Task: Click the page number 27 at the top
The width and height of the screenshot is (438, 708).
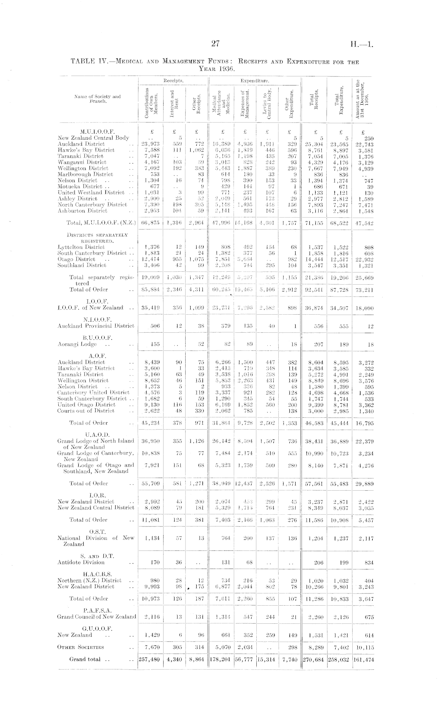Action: [x=215, y=44]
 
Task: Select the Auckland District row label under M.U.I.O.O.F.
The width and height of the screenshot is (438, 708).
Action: [x=81, y=144]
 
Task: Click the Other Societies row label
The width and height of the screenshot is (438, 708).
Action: [x=81, y=647]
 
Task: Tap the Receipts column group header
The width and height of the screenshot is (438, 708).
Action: [x=173, y=80]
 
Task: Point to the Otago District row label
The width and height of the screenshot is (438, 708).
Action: [x=76, y=259]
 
